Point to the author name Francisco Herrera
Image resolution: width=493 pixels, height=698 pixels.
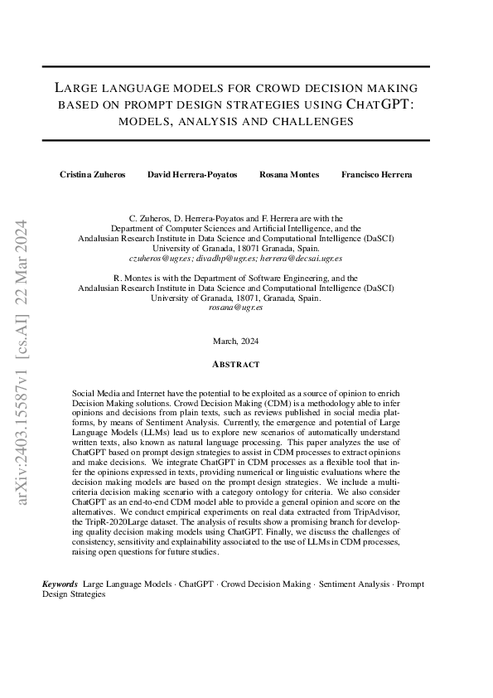377,175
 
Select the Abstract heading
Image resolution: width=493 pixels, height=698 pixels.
236,364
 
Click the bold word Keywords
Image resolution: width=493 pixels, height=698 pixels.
60,584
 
